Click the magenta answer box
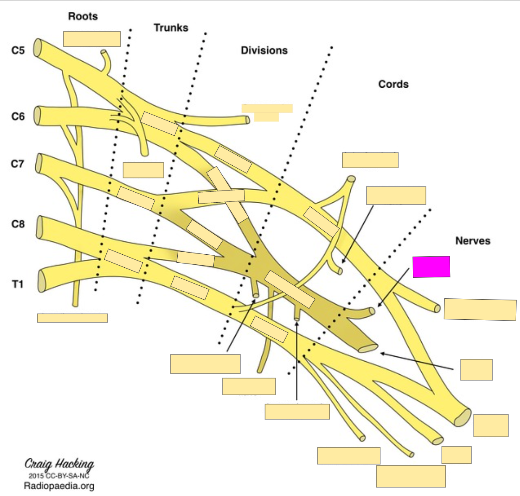431,267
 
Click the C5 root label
18,50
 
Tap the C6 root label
18,116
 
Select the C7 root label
18,164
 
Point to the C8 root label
18,224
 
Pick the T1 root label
18,284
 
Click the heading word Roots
83,16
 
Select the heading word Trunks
171,28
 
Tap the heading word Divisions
264,50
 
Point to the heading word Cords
393,84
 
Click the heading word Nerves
473,241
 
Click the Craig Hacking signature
59,464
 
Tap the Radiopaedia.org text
59,486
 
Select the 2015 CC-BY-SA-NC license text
59,476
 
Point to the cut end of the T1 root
42,281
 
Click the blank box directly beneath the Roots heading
92,39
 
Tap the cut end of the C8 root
40,227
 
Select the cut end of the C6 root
37,115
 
